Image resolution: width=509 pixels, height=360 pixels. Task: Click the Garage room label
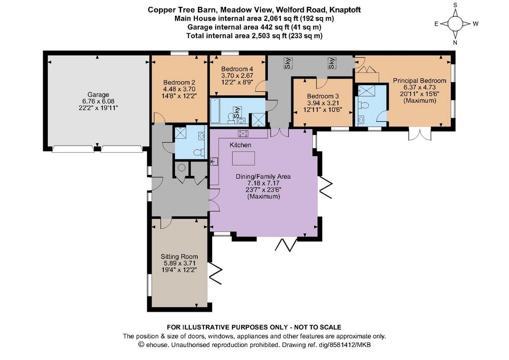(x=98, y=94)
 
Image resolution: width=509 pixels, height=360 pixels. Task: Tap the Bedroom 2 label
(x=179, y=82)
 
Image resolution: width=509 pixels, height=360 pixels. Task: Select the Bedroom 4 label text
(x=237, y=69)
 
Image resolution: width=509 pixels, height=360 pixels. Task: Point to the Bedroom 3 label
(x=323, y=96)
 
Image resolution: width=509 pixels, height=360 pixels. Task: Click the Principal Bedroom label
(x=420, y=81)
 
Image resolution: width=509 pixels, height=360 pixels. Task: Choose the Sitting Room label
(x=179, y=257)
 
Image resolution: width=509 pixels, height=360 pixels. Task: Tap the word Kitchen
(x=240, y=145)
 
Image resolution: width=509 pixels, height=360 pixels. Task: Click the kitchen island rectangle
(x=244, y=159)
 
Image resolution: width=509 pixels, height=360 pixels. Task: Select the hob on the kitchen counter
(x=243, y=133)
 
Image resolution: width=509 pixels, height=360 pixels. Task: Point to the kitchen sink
(x=214, y=161)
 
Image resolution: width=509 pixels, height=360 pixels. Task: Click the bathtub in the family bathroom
(x=215, y=111)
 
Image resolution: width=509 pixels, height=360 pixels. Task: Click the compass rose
(x=455, y=24)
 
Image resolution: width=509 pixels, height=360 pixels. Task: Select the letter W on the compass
(x=476, y=24)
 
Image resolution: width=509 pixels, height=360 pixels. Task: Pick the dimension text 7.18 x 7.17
(x=263, y=183)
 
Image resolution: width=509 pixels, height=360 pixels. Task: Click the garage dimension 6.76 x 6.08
(x=98, y=101)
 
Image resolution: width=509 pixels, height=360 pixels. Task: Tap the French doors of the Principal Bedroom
(x=420, y=134)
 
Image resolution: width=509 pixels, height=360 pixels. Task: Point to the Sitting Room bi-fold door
(x=216, y=273)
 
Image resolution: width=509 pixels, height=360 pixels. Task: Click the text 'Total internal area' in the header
(x=218, y=36)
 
